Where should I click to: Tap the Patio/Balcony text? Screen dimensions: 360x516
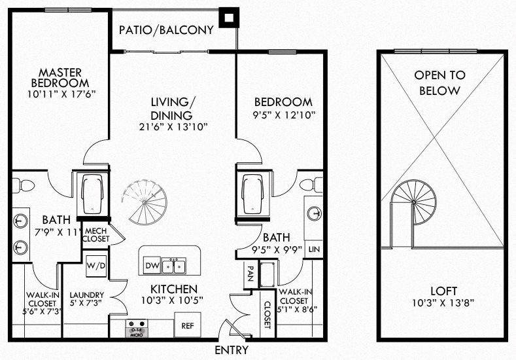click(x=167, y=29)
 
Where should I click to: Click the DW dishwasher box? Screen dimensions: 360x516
click(x=151, y=266)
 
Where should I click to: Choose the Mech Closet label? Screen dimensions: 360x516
click(x=95, y=234)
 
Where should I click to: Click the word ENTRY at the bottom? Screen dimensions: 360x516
click(x=230, y=350)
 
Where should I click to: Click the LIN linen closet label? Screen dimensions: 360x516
click(x=314, y=249)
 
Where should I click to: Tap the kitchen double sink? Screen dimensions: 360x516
click(x=173, y=266)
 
